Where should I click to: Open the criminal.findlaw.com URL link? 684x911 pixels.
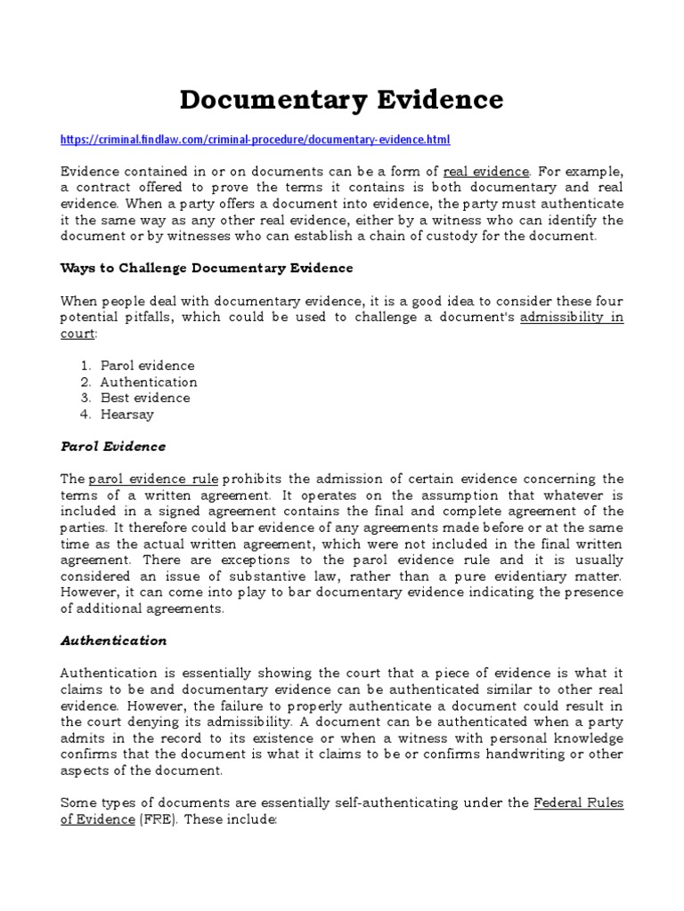pos(256,140)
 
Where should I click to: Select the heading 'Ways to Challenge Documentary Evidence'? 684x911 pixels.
pos(206,268)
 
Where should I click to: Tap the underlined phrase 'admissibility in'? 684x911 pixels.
pos(571,318)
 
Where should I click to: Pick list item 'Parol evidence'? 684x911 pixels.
pos(147,366)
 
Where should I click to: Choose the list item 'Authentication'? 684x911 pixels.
pos(149,382)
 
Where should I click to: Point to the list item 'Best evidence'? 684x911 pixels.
pos(145,398)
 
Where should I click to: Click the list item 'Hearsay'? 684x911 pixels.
pos(127,414)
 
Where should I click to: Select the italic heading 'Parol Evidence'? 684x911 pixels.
pos(112,447)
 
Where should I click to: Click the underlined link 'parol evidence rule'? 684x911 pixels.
pos(153,480)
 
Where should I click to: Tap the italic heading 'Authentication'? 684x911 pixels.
pos(113,641)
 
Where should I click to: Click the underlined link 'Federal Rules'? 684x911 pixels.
pos(578,803)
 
